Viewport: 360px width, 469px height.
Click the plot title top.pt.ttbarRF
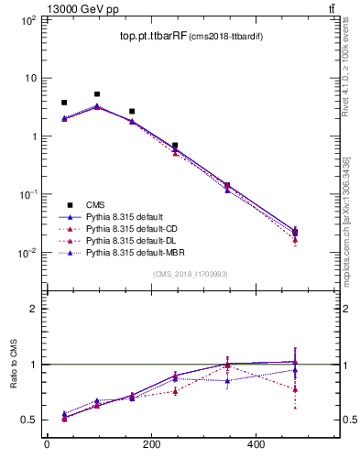click(152, 37)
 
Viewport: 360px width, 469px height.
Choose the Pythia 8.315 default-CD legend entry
click(128, 228)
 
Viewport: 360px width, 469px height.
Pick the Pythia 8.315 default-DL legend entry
click(128, 240)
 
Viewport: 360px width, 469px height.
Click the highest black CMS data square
click(97, 94)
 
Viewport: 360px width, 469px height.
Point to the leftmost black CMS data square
click(64, 103)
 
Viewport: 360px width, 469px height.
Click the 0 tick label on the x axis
click(47, 445)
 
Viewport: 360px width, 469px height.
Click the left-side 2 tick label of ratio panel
click(32, 309)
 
